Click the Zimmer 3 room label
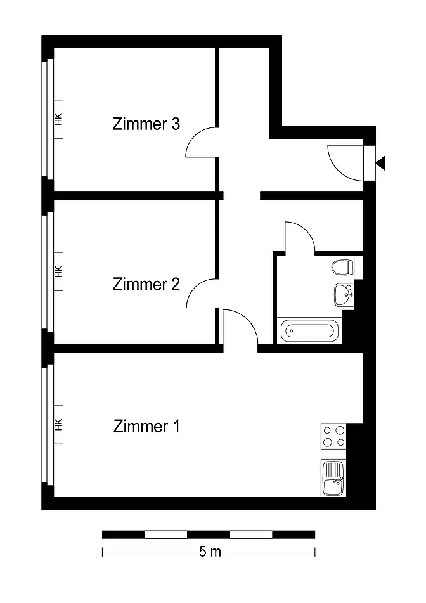tap(146, 124)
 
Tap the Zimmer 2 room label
tap(146, 285)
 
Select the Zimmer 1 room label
tap(146, 427)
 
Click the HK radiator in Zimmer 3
tap(58, 119)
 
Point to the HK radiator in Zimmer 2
tap(58, 271)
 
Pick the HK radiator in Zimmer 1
tap(58, 425)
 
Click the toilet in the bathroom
tap(342, 268)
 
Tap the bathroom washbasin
tap(344, 295)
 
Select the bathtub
tap(309, 330)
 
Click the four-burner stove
tap(333, 436)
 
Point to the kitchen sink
tap(333, 478)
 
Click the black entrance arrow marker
tap(380, 164)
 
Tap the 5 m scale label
tap(210, 552)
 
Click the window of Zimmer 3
tap(48, 119)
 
